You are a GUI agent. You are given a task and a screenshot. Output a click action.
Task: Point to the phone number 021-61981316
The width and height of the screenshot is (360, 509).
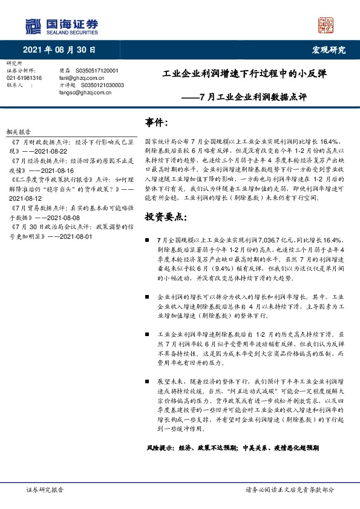[24, 78]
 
